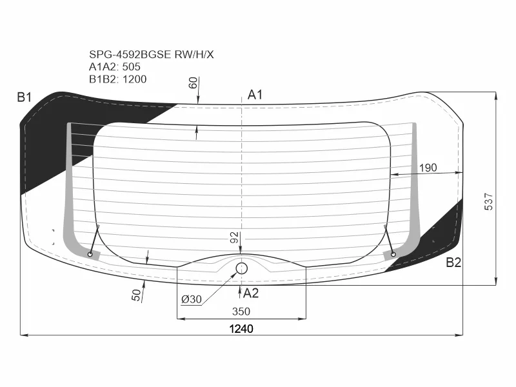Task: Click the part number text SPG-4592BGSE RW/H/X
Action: coord(152,54)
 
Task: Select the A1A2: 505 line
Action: coord(115,67)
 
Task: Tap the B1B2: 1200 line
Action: coord(118,79)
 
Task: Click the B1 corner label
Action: coord(25,97)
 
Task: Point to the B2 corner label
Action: coord(453,263)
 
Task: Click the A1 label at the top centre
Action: coord(255,95)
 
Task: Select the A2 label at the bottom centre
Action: coord(251,293)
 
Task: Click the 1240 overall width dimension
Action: coord(241,329)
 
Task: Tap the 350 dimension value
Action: coord(241,312)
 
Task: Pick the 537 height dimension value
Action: coord(489,201)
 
